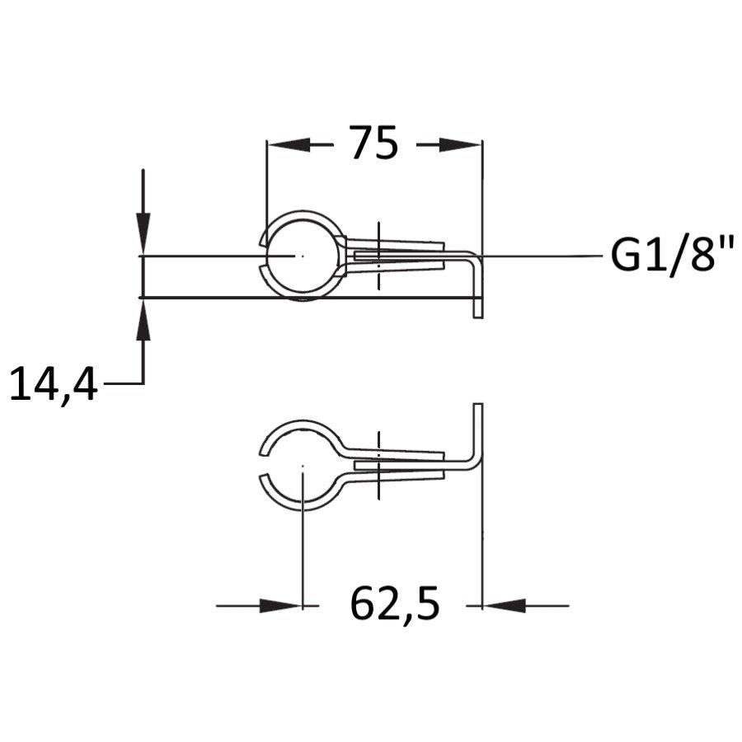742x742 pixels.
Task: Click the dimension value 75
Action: [x=374, y=142]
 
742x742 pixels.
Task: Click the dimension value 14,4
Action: [x=54, y=384]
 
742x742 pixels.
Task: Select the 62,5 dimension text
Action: [x=395, y=605]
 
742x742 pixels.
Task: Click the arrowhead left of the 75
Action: [x=289, y=144]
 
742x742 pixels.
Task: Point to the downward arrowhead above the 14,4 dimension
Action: [x=143, y=234]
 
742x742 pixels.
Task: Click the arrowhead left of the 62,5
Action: [x=280, y=605]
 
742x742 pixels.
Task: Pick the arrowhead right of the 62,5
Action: [x=504, y=605]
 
